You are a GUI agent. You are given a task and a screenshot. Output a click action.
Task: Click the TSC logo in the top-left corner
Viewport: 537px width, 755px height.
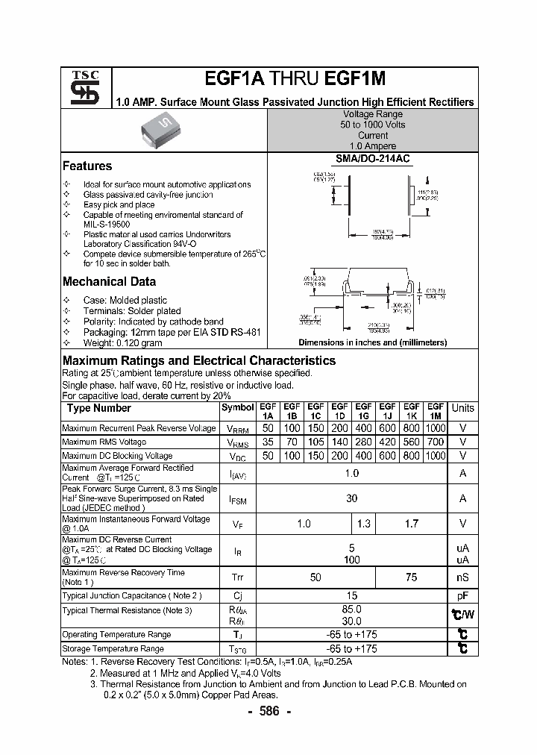click(x=79, y=87)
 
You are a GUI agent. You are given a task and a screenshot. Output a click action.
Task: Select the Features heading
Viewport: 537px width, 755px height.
click(x=87, y=166)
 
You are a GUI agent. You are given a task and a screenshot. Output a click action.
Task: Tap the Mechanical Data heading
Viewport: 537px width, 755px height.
click(x=109, y=282)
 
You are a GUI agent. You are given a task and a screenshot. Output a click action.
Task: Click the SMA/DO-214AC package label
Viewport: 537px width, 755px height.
click(x=373, y=159)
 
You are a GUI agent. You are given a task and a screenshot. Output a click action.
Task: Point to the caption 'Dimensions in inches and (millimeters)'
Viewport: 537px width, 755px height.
click(x=372, y=342)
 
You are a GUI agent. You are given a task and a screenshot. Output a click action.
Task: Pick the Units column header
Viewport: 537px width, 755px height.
click(x=462, y=408)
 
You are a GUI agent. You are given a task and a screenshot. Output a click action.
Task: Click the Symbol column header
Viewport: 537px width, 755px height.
click(x=238, y=408)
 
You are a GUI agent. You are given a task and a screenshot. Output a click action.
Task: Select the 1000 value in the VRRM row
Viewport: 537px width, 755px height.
click(x=435, y=428)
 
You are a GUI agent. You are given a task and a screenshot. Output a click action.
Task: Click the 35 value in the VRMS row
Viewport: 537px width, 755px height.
click(x=268, y=442)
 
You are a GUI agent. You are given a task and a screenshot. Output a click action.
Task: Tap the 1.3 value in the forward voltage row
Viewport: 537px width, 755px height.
click(x=363, y=524)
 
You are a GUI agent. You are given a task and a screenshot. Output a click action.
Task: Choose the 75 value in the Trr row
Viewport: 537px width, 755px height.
click(x=411, y=577)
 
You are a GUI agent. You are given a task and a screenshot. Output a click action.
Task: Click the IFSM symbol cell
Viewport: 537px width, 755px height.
click(x=238, y=499)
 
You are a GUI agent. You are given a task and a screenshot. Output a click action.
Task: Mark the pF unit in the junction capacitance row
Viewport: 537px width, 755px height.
click(x=462, y=596)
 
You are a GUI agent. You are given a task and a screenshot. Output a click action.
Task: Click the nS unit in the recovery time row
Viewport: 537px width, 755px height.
click(x=462, y=577)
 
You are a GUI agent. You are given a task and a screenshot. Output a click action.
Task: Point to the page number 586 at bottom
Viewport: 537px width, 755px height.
click(x=268, y=711)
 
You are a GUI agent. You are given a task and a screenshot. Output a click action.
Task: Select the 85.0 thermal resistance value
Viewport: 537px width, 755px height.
click(x=352, y=610)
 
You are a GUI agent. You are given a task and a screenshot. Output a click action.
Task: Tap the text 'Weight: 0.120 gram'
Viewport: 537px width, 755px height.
click(x=122, y=343)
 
